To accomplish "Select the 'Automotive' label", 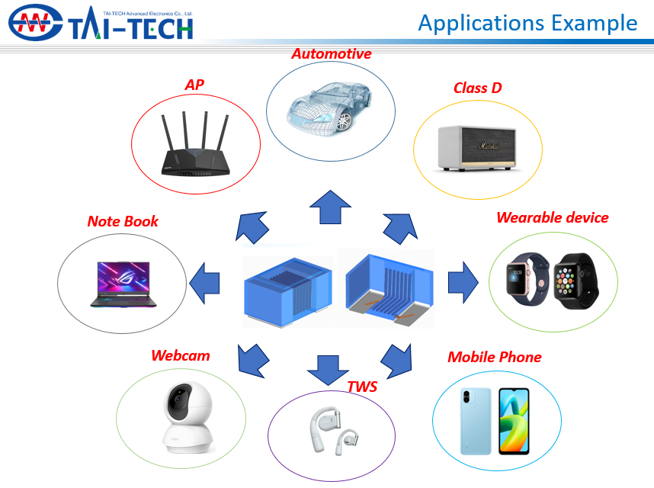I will [332, 53].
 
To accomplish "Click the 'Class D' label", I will [477, 88].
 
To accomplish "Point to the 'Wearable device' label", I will [552, 217].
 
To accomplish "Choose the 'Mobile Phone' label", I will [494, 357].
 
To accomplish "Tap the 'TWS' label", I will [362, 386].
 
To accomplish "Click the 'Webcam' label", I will [180, 355].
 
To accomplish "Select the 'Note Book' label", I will [123, 221].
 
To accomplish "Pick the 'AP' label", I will [194, 84].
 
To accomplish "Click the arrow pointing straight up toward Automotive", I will [330, 207].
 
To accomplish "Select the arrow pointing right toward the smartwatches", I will [462, 281].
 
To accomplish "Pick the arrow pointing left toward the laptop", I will [204, 282].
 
